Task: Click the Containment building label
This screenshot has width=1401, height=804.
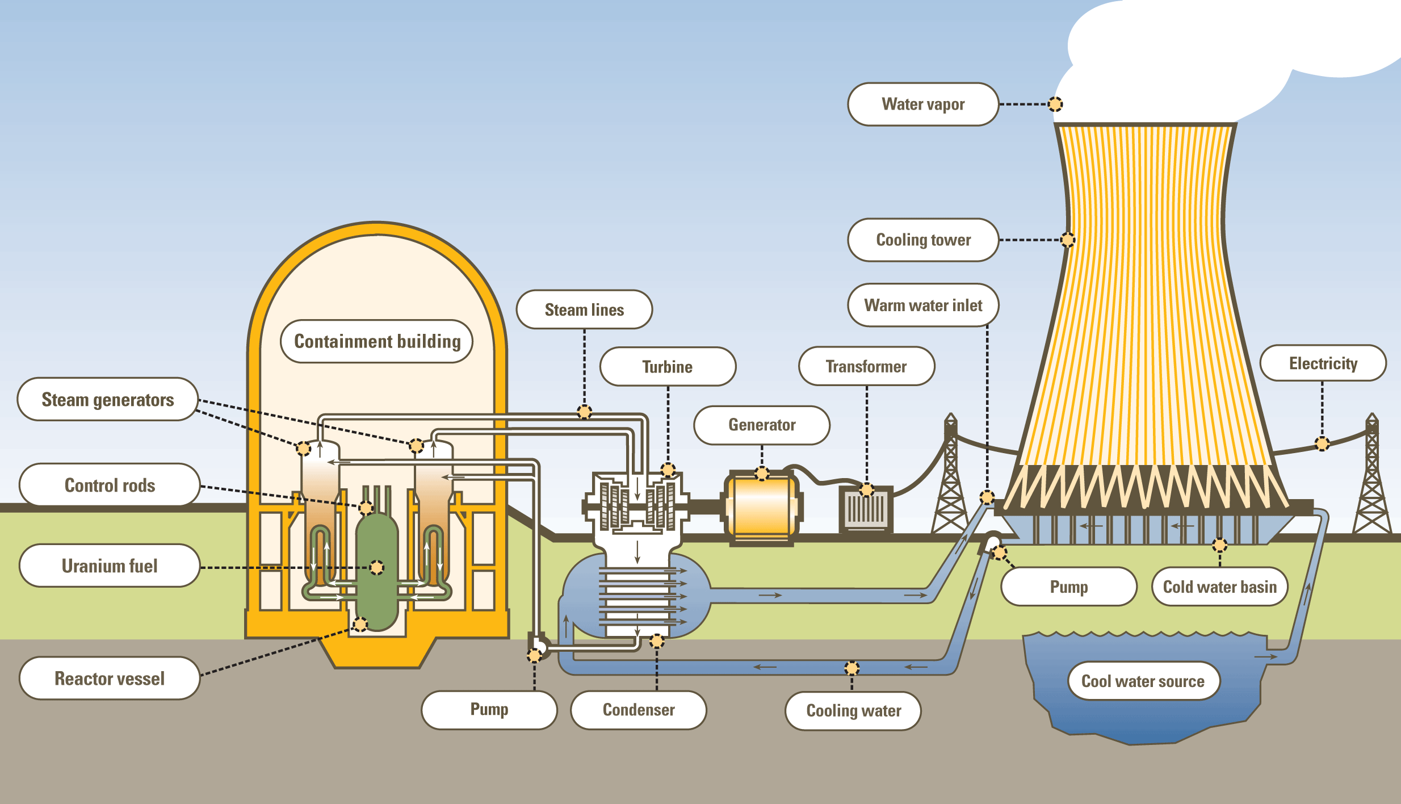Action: [376, 341]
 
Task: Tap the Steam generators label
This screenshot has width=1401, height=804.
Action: [108, 399]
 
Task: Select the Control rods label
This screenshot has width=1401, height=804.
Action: [110, 485]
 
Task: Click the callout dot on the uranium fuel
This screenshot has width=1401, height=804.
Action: [376, 567]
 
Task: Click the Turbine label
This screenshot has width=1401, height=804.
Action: [668, 367]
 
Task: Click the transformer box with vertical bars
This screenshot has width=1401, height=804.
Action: [866, 509]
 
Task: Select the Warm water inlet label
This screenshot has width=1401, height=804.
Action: [923, 305]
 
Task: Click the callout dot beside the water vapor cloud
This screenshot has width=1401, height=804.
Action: [1055, 104]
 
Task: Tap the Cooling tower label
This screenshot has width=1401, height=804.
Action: [923, 240]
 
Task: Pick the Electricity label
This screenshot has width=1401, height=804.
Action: [1323, 363]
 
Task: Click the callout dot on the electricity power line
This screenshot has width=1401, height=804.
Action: [1322, 443]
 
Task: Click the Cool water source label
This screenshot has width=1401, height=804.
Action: [1143, 681]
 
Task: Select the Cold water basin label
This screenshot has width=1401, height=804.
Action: [1219, 587]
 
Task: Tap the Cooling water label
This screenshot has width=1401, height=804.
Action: [853, 711]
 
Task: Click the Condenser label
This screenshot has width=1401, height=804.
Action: [639, 710]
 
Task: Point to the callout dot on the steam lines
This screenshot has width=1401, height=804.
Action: [584, 412]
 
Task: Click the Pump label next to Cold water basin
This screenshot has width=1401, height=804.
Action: [1068, 587]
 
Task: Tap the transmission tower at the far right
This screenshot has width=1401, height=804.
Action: [1372, 483]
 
